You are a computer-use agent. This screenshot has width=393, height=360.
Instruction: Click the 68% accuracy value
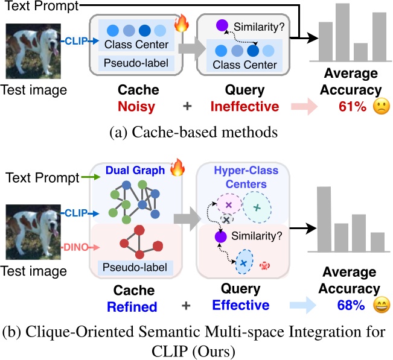(348, 305)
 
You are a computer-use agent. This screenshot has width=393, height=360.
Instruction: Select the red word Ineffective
(244, 107)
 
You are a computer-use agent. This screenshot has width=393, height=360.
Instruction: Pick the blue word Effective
(240, 305)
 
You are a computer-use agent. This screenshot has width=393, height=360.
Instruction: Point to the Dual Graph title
(137, 171)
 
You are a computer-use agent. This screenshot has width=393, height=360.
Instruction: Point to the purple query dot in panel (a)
(222, 26)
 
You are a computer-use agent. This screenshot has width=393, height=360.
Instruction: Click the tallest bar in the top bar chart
(343, 31)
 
